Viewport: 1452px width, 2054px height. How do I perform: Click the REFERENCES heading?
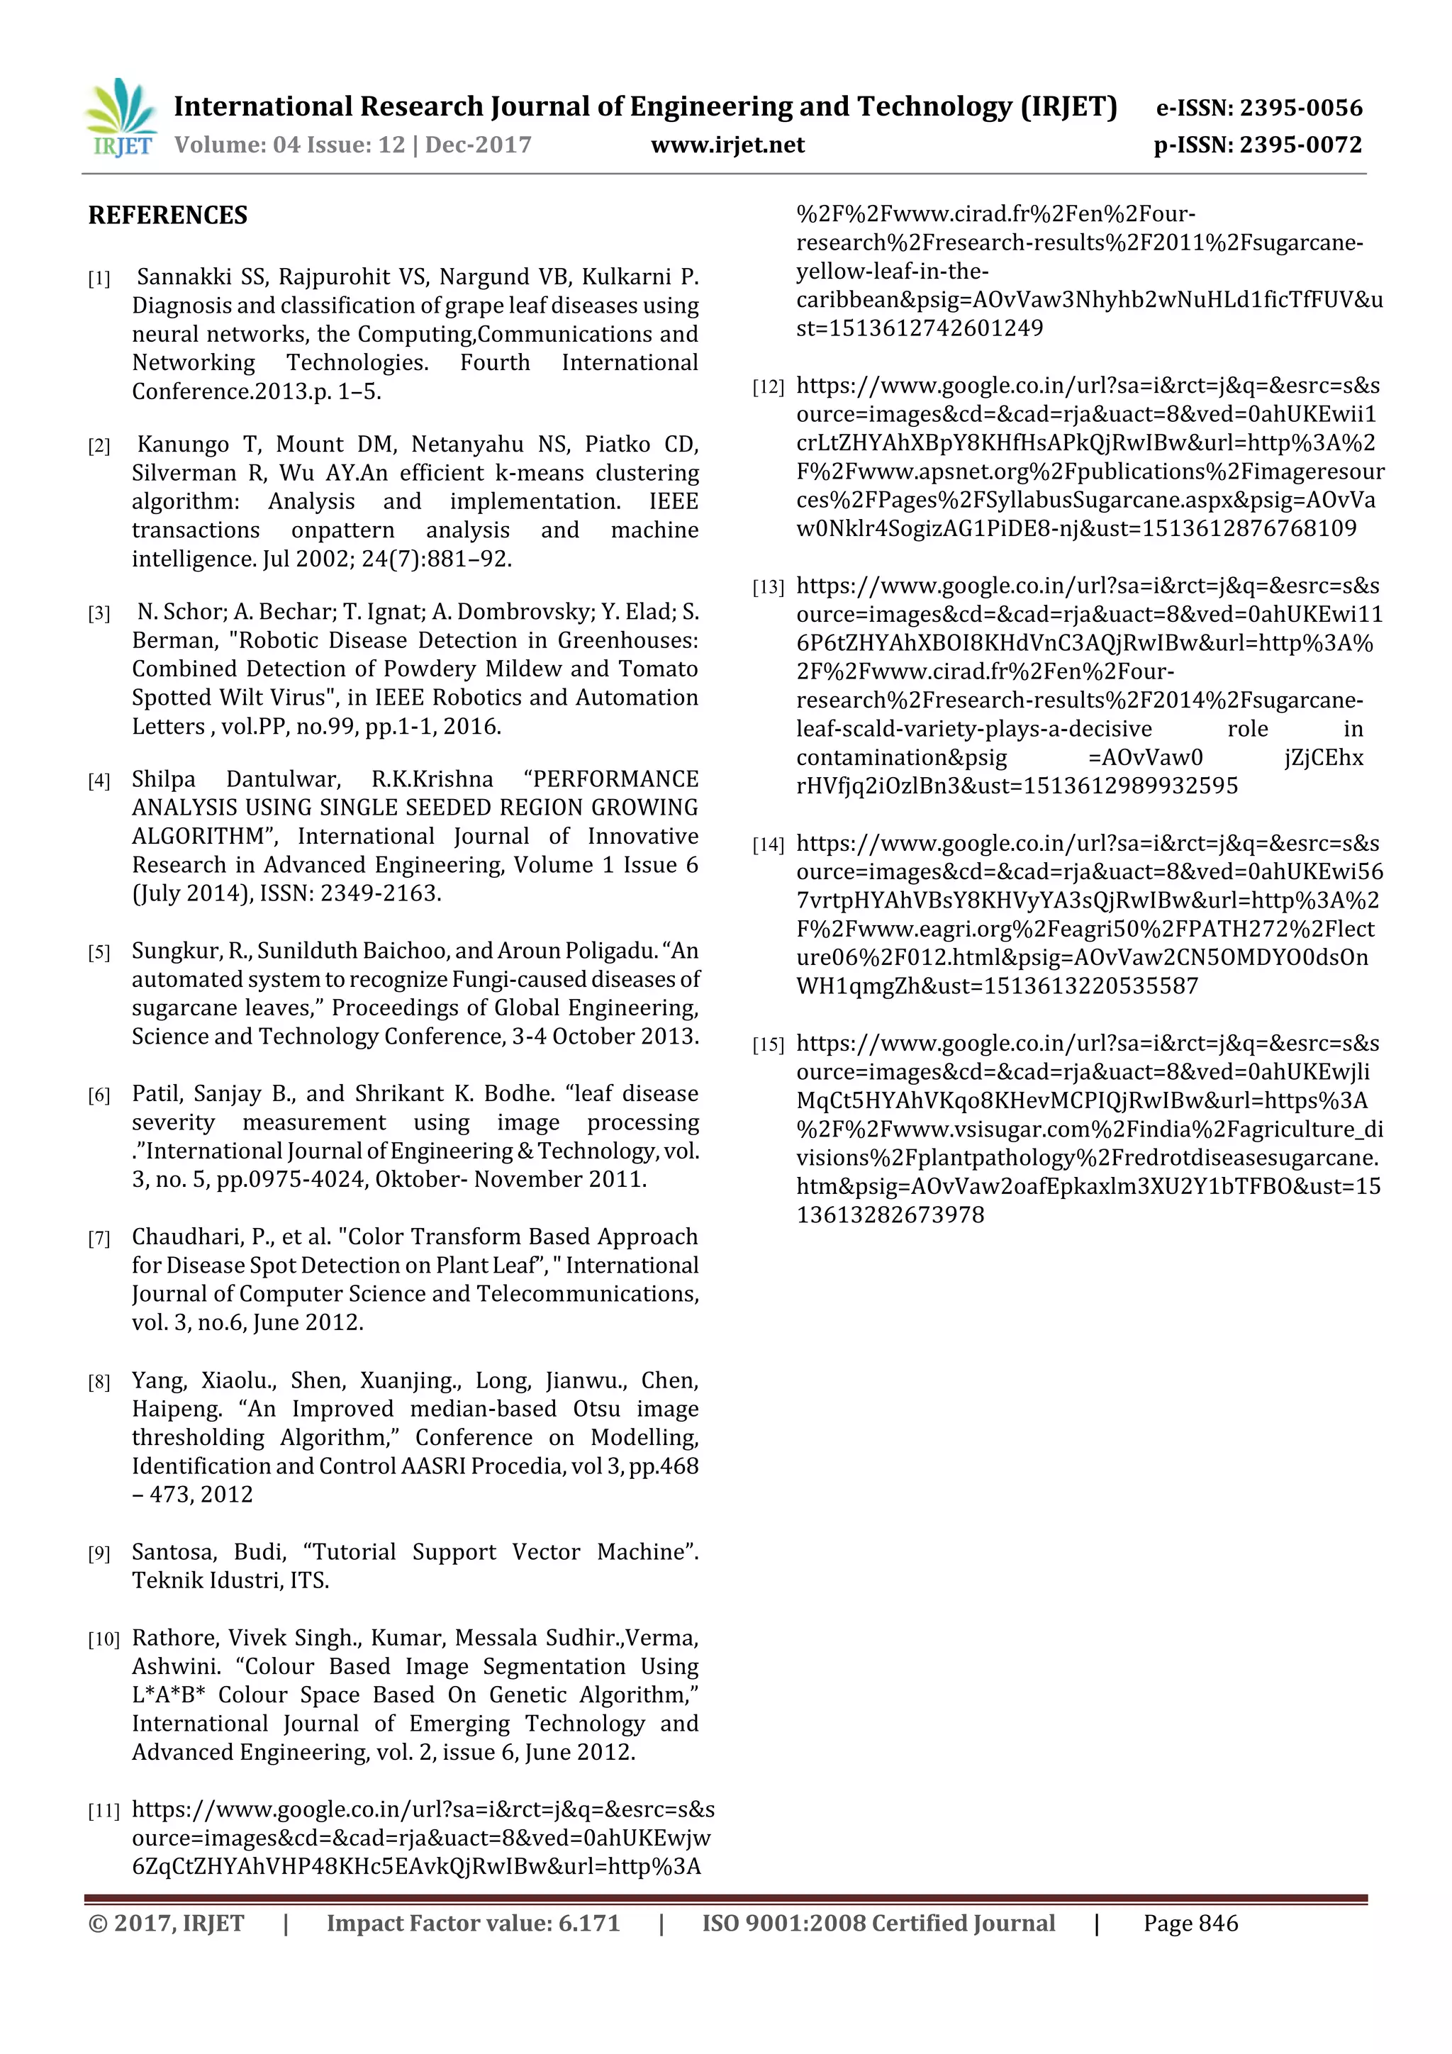(167, 216)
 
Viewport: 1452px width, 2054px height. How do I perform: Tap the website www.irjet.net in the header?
(727, 145)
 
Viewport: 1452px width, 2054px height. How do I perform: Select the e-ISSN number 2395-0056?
(1301, 108)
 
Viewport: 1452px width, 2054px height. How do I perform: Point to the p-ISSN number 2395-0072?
(1301, 145)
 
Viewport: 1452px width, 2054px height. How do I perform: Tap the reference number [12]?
(768, 387)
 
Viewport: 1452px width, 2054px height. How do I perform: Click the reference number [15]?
(768, 1045)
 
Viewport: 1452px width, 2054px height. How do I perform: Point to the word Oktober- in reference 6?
(420, 1180)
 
